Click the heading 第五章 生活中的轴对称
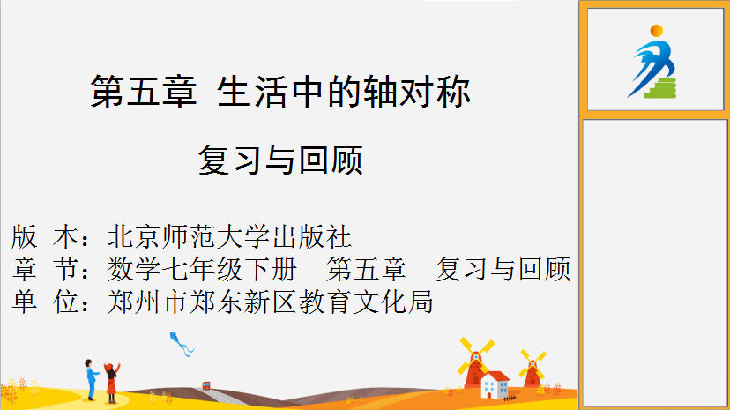(x=280, y=91)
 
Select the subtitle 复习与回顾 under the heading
(x=280, y=160)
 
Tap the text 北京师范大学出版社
(x=229, y=236)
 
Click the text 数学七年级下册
(x=202, y=269)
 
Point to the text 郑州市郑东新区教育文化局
(x=271, y=302)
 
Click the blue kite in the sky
(x=181, y=344)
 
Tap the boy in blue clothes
(x=92, y=379)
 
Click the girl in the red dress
(x=112, y=382)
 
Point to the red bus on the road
(x=205, y=385)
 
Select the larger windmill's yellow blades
(x=475, y=356)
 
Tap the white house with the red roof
(x=495, y=384)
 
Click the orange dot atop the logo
(x=657, y=31)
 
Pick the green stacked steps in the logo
(x=661, y=88)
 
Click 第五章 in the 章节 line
(x=366, y=269)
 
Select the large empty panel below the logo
(x=654, y=264)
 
